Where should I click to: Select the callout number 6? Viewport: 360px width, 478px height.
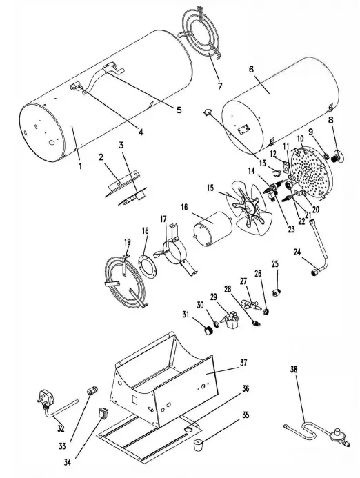pyautogui.click(x=251, y=70)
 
